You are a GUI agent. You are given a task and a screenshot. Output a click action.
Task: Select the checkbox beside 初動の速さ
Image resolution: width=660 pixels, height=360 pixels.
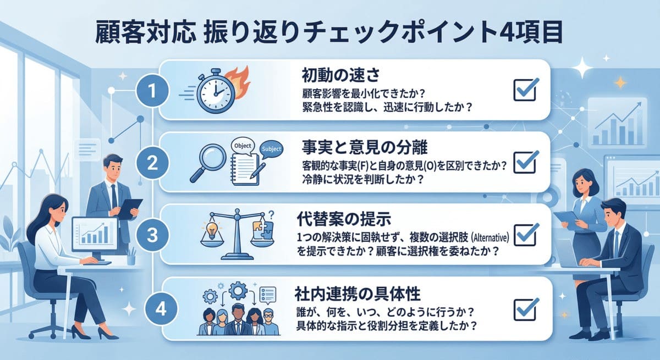click(525, 89)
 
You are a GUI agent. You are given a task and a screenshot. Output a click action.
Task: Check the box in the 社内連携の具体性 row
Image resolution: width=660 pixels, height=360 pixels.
click(525, 309)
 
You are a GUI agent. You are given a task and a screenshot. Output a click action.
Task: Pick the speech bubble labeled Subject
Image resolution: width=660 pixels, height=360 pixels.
click(272, 148)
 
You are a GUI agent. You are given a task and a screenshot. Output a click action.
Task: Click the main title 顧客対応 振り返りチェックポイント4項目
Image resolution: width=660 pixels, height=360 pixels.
click(331, 33)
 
